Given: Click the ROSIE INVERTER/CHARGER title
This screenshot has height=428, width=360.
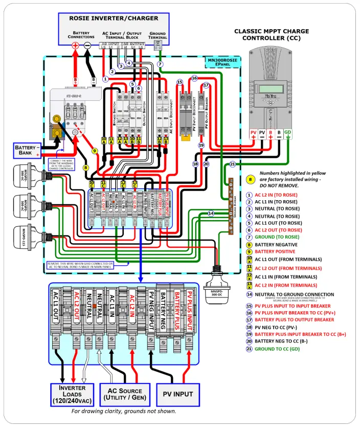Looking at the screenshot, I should pos(114,18).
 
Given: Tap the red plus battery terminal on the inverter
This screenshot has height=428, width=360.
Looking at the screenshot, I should pos(75,46).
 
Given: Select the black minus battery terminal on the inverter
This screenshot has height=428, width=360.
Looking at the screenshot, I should pos(88,46).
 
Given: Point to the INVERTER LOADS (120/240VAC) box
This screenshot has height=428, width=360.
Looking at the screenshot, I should pos(72,394).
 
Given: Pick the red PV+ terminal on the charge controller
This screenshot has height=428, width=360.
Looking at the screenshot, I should pos(253,135).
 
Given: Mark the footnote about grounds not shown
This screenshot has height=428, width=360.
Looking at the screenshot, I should pos(125,411).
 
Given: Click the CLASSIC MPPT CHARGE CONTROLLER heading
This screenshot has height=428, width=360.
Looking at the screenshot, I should pos(272,35).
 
